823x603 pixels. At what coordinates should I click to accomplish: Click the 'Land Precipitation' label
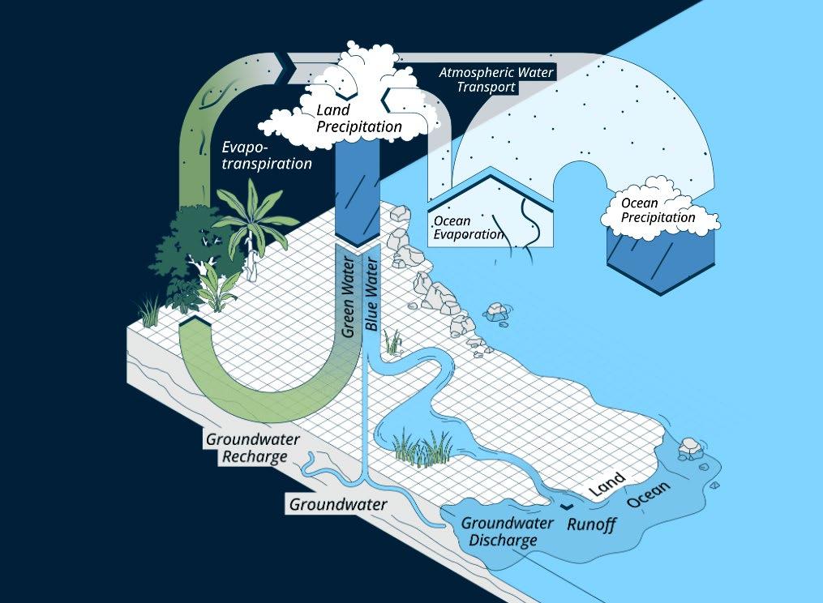click(x=359, y=118)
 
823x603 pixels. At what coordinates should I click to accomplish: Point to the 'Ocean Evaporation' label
click(x=468, y=227)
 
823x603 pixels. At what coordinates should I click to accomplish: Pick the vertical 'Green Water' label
click(x=349, y=296)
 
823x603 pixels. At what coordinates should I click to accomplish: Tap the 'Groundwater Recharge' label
click(x=252, y=447)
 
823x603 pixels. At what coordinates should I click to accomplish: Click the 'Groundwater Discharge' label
click(x=507, y=531)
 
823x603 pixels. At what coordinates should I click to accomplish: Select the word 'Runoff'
click(x=591, y=524)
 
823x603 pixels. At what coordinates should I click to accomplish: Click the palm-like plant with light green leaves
click(x=251, y=212)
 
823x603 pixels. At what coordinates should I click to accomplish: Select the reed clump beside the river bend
click(x=422, y=448)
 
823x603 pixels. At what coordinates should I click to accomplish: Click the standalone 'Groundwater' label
click(x=337, y=504)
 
